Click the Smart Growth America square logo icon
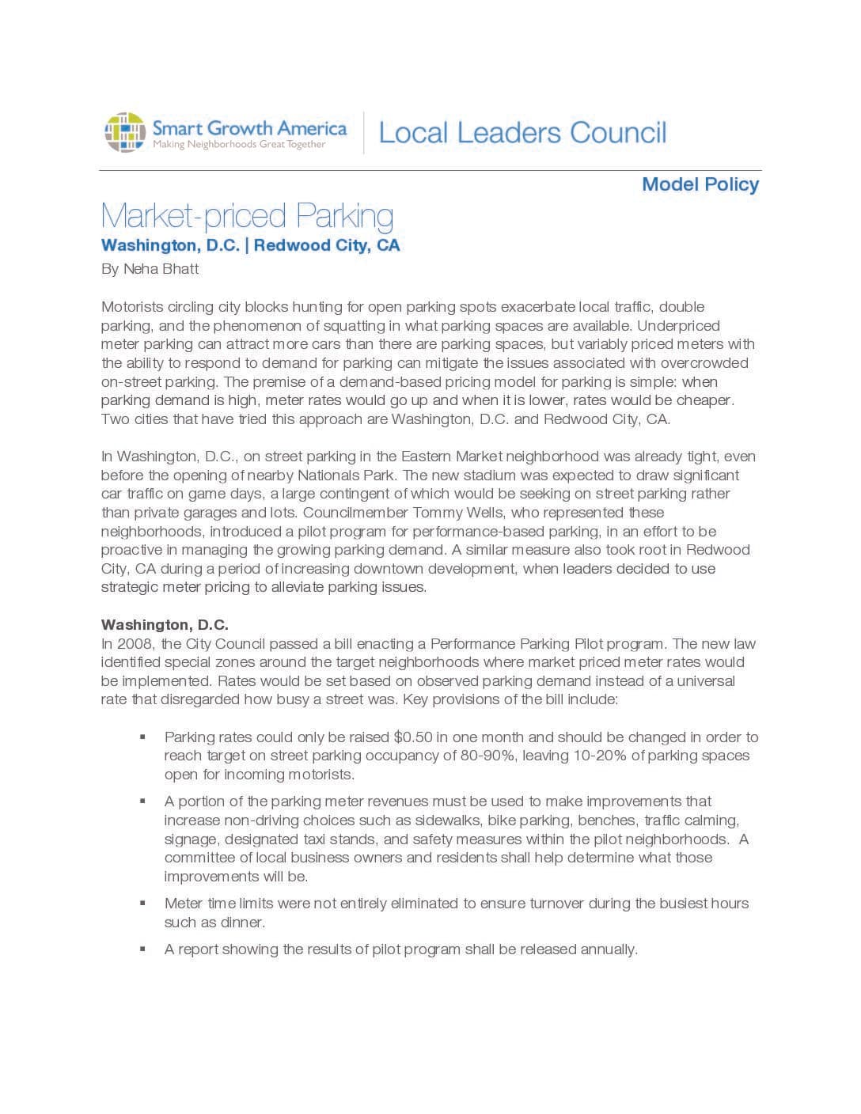click(125, 132)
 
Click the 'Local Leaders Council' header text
click(522, 133)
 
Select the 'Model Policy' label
click(700, 184)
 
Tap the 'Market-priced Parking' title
click(247, 216)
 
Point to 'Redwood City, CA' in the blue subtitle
click(327, 245)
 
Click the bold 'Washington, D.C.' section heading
click(165, 625)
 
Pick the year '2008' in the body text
click(135, 644)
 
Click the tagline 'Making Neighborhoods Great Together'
click(239, 145)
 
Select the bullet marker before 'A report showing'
click(142, 949)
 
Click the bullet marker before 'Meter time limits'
click(142, 903)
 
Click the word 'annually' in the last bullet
click(608, 949)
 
